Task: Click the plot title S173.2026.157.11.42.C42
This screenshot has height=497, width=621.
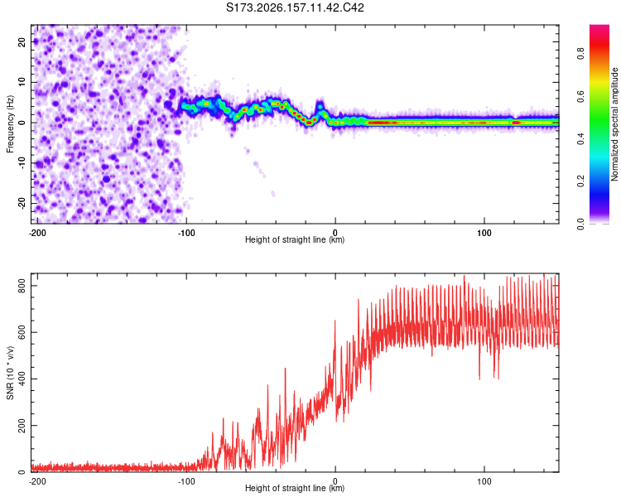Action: pyautogui.click(x=295, y=7)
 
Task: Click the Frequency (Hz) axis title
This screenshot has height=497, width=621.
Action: pyautogui.click(x=10, y=124)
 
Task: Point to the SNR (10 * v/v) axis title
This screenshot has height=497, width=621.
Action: pyautogui.click(x=10, y=373)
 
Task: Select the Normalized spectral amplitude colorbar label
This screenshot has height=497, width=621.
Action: pyautogui.click(x=614, y=124)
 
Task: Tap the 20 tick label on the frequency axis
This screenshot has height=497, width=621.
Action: pyautogui.click(x=22, y=41)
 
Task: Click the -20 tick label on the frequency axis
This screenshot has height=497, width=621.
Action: pyautogui.click(x=22, y=204)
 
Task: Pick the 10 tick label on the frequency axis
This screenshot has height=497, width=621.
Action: pyautogui.click(x=22, y=82)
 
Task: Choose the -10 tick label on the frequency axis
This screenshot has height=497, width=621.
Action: pyautogui.click(x=22, y=163)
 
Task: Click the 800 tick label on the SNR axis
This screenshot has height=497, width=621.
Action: pyautogui.click(x=22, y=286)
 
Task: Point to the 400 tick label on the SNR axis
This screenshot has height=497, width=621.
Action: pyautogui.click(x=22, y=379)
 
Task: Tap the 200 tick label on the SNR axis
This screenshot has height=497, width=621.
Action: pyautogui.click(x=22, y=425)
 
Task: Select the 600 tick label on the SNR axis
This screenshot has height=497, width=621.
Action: pyautogui.click(x=22, y=332)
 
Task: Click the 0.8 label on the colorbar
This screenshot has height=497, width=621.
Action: pyautogui.click(x=580, y=53)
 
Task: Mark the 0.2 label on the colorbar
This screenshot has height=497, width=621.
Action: pyautogui.click(x=580, y=181)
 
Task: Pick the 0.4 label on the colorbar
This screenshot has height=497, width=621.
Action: pyautogui.click(x=580, y=138)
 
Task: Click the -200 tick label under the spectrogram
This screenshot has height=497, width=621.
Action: pyautogui.click(x=37, y=233)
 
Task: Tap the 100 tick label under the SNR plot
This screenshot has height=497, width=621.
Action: pyautogui.click(x=484, y=481)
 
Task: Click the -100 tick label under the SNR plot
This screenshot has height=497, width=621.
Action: pyautogui.click(x=186, y=481)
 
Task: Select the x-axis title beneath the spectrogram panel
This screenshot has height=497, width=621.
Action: pyautogui.click(x=295, y=239)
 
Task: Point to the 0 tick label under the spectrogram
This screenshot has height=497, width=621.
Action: pyautogui.click(x=335, y=233)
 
